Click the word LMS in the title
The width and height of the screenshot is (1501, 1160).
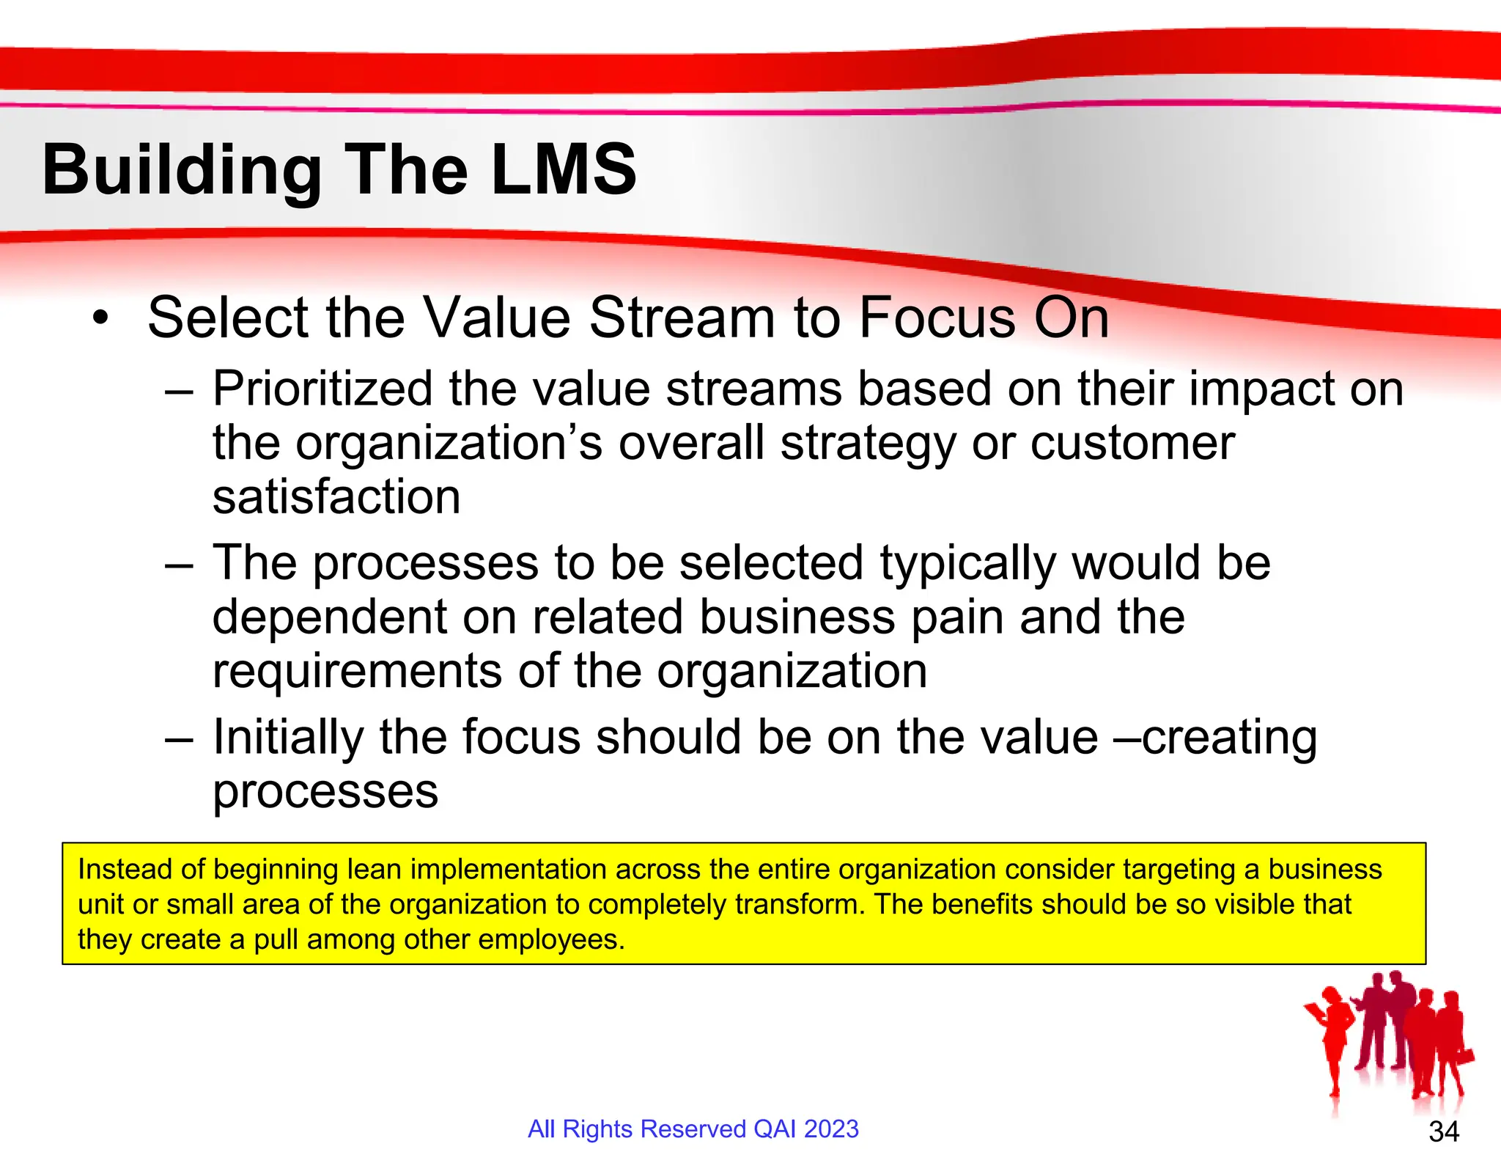(563, 170)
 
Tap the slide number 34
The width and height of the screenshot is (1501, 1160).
(1443, 1131)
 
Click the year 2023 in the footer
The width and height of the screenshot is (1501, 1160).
(830, 1128)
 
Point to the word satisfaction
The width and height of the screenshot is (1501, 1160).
(336, 497)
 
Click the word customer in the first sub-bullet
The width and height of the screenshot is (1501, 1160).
(1132, 444)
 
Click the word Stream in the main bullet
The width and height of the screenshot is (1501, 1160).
(682, 318)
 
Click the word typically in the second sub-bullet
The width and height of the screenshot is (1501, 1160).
(967, 564)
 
